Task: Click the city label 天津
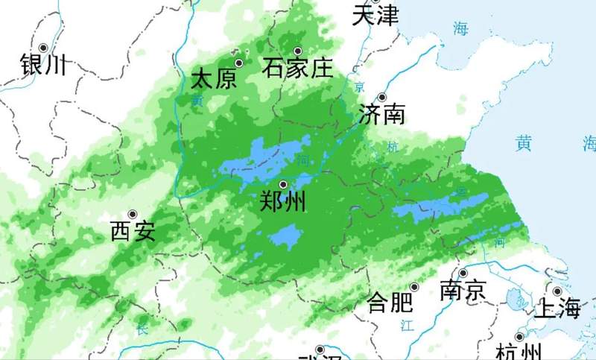tap(376, 15)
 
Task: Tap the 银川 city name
tap(43, 64)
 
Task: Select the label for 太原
tap(214, 79)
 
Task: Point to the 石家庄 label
tap(297, 69)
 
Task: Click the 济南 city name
tap(382, 114)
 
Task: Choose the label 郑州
tap(283, 201)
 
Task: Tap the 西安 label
tap(133, 232)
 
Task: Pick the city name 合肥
tap(390, 303)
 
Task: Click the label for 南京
tap(463, 289)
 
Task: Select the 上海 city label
tap(557, 307)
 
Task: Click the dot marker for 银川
tap(44, 47)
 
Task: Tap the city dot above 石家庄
tap(297, 51)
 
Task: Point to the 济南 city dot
tap(382, 97)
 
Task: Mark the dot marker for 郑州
tap(283, 184)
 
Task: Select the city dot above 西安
tap(133, 215)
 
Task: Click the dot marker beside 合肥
tap(415, 287)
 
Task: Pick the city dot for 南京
tap(463, 273)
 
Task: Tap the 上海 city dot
tap(557, 291)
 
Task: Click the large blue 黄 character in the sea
tap(525, 142)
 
